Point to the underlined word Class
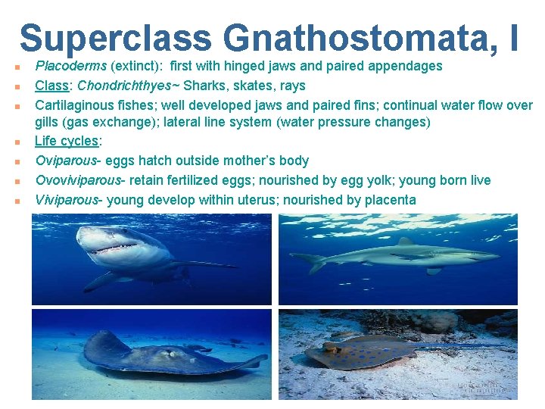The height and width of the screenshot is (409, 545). click(x=53, y=85)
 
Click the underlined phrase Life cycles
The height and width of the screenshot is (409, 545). click(x=67, y=141)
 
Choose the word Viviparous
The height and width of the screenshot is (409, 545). click(x=67, y=200)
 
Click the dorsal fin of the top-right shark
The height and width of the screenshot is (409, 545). click(x=406, y=242)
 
